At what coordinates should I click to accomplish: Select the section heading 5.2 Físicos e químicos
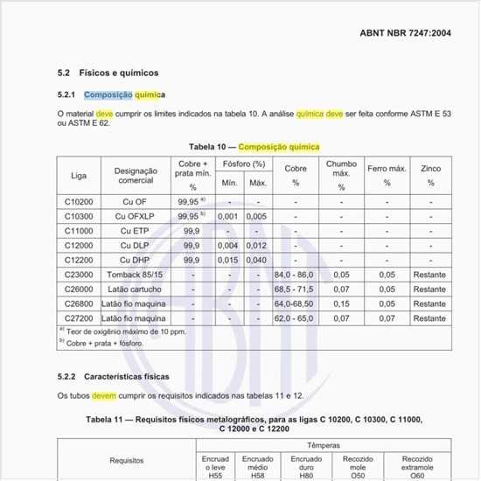click(108, 73)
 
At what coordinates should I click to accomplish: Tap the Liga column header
click(79, 175)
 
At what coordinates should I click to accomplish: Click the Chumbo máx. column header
click(341, 175)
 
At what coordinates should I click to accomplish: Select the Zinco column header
click(430, 175)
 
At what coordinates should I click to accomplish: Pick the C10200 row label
click(79, 201)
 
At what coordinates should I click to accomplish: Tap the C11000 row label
click(79, 231)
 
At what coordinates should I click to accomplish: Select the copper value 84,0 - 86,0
click(296, 275)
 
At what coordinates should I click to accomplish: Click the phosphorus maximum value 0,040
click(257, 260)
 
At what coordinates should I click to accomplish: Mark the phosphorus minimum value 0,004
click(228, 246)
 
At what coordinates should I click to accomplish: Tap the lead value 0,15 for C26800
click(341, 303)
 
